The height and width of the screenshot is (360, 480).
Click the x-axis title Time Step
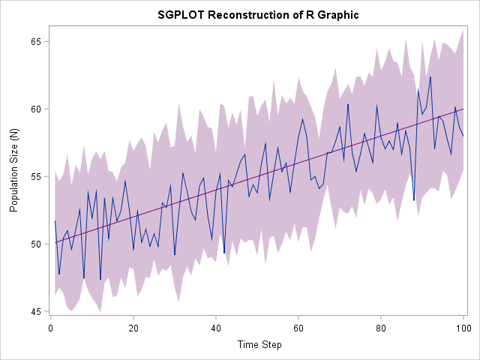(x=257, y=344)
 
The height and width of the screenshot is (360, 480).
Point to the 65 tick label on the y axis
(x=34, y=41)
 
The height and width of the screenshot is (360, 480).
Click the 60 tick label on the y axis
(x=34, y=109)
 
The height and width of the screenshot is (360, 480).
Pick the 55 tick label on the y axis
(x=34, y=176)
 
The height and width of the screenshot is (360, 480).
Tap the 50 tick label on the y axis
(x=34, y=244)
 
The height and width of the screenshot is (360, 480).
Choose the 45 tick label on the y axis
(x=34, y=311)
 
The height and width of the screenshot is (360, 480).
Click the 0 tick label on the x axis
(x=51, y=327)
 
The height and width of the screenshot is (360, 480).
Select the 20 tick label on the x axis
(x=133, y=327)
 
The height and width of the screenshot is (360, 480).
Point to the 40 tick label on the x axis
(x=216, y=327)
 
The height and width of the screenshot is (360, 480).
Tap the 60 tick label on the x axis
(x=298, y=327)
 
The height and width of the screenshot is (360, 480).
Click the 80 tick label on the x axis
(x=381, y=327)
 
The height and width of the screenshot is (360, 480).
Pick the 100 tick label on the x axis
(x=463, y=327)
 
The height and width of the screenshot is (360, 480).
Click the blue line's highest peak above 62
(x=430, y=76)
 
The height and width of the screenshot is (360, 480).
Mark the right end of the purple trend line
(x=463, y=109)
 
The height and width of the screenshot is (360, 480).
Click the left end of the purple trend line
(x=55, y=242)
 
